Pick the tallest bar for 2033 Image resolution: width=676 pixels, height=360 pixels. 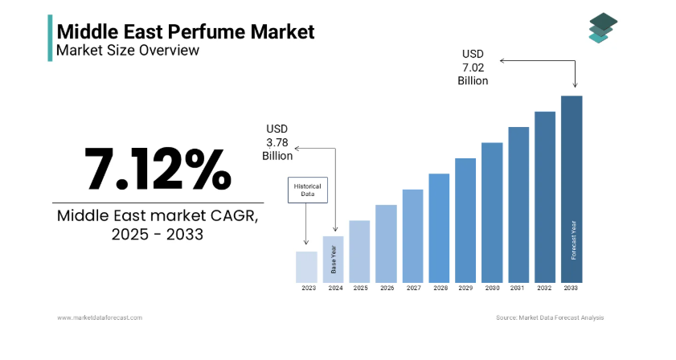pos(572,188)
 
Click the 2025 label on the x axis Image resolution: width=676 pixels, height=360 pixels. pos(360,288)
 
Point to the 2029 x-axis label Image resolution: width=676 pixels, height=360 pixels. pos(465,288)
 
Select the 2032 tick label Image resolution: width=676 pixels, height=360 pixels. pos(545,288)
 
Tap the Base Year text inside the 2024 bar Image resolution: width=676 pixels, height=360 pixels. pos(334,259)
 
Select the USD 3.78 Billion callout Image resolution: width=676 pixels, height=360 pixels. pos(277,142)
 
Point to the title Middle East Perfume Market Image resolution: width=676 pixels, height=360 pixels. pos(185,31)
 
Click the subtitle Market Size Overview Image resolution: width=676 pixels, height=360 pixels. pos(126,51)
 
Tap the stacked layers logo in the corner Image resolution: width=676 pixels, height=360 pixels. pos(600,28)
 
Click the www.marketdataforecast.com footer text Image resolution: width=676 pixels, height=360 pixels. pos(100,318)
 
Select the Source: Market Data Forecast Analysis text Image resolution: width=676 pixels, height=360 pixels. pos(550,318)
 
